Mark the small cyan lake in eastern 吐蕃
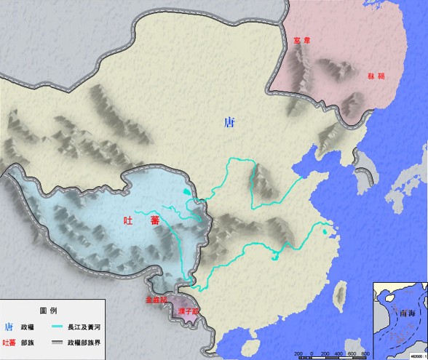tap(187, 192)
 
